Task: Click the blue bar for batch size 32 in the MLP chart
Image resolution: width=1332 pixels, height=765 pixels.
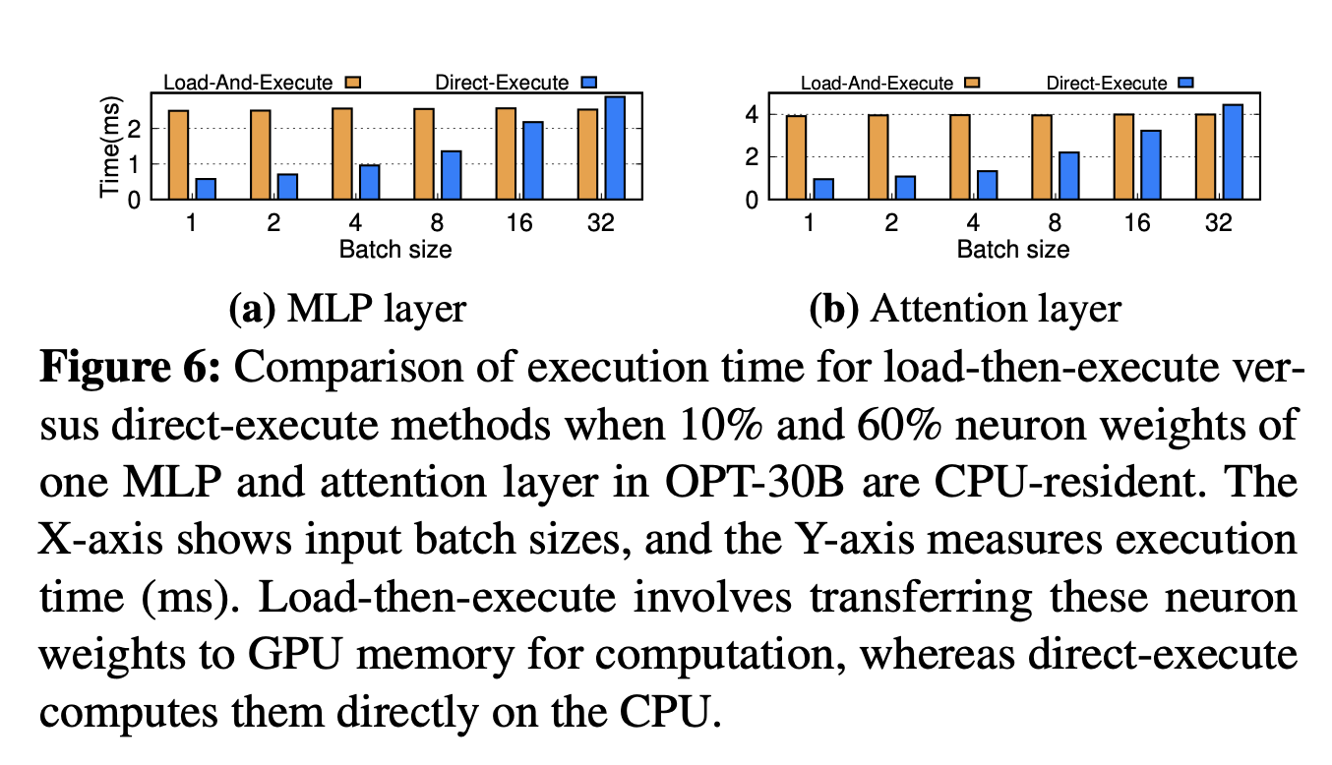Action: (x=615, y=147)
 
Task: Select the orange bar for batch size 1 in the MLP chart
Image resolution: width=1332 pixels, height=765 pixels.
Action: (x=178, y=154)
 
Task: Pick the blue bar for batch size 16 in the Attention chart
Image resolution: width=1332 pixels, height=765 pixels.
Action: (x=1150, y=165)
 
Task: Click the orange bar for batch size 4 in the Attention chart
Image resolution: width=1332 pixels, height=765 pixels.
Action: (x=959, y=157)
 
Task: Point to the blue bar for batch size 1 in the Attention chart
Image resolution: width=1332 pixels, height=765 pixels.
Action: (x=823, y=189)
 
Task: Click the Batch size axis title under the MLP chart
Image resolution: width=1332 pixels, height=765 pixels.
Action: (x=395, y=249)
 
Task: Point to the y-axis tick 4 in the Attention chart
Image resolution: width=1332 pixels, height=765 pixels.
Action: (x=751, y=115)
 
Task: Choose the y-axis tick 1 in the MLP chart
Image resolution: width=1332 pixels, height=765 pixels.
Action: (x=134, y=164)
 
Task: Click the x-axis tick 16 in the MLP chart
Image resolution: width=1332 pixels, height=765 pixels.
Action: (x=519, y=223)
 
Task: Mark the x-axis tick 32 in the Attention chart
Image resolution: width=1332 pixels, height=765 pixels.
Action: (x=1218, y=223)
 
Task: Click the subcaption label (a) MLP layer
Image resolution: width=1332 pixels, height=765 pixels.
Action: (x=346, y=310)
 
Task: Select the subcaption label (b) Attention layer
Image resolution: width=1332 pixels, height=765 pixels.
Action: (x=964, y=310)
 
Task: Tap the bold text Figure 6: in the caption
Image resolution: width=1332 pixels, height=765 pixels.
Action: (x=132, y=370)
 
